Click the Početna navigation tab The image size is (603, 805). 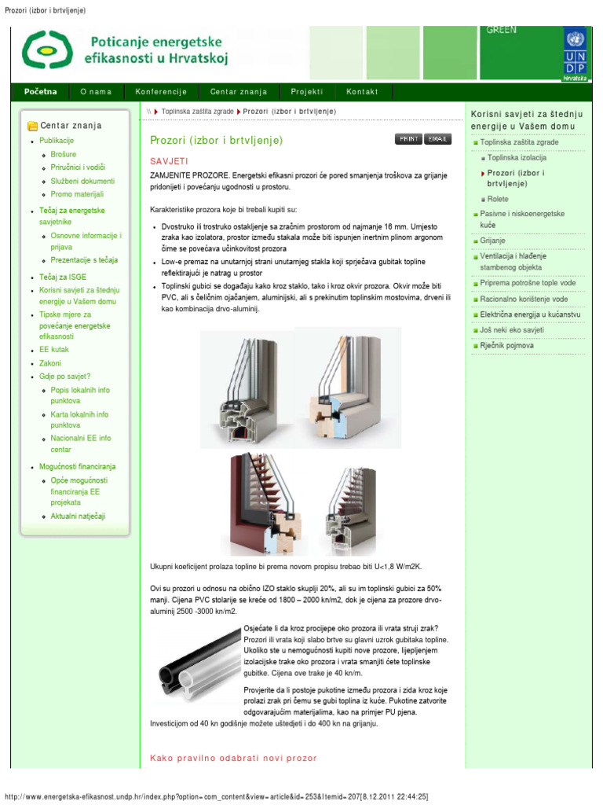point(41,91)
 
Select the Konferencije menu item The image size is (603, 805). point(161,92)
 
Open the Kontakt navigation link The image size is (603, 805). point(362,92)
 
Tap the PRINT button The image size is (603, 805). point(408,139)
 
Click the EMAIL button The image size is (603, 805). point(438,139)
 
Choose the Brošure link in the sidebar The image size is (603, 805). point(64,154)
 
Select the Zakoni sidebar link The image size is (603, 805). point(50,363)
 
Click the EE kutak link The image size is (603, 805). point(53,350)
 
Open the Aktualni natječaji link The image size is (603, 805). point(78,516)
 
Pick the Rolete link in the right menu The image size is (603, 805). point(498,200)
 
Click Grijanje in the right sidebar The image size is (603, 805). point(493,241)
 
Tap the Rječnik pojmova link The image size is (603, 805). point(506,345)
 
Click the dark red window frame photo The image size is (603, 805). point(269,504)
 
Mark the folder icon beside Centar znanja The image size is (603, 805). point(32,126)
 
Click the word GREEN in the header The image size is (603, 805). point(502,30)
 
